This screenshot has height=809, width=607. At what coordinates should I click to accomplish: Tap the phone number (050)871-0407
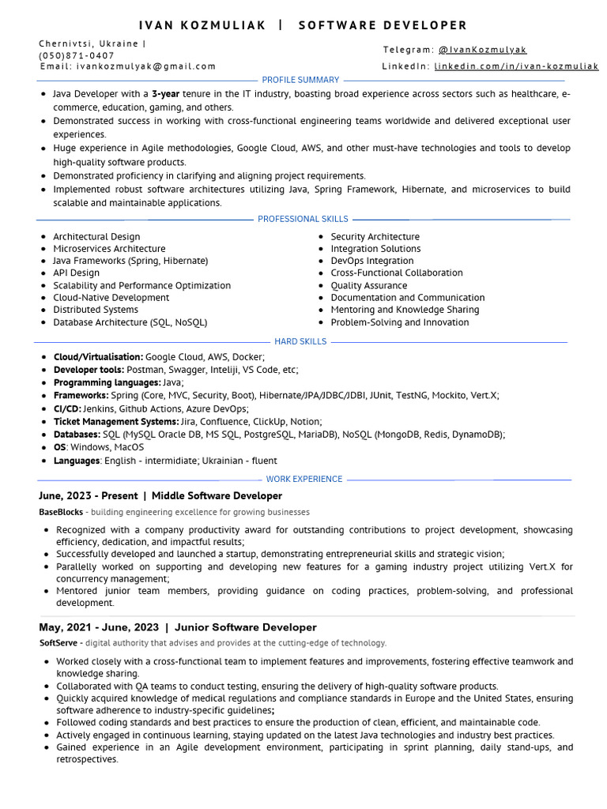[x=77, y=55]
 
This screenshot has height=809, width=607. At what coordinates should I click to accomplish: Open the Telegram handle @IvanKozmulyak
[x=482, y=50]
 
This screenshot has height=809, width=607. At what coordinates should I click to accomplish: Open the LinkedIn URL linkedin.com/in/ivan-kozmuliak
[x=516, y=66]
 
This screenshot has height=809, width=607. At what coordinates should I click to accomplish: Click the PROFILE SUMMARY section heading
[x=300, y=80]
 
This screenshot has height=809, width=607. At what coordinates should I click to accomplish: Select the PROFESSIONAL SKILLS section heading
[x=303, y=219]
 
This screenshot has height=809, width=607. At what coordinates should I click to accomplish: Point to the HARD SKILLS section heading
[x=300, y=341]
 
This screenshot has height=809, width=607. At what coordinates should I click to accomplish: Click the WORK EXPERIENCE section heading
[x=304, y=479]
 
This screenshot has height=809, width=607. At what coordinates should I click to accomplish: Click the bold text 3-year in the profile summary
[x=165, y=94]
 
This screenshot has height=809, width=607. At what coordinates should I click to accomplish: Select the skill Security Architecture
[x=375, y=236]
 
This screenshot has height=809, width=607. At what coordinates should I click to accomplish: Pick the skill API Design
[x=76, y=273]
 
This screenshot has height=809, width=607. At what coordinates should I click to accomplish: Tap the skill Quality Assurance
[x=369, y=285]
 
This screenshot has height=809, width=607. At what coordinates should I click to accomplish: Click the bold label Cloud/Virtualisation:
[x=98, y=357]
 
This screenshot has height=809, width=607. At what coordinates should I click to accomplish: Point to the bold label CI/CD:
[x=66, y=408]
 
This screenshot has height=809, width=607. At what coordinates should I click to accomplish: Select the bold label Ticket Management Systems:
[x=116, y=422]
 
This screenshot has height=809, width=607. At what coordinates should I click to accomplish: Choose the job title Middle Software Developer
[x=217, y=496]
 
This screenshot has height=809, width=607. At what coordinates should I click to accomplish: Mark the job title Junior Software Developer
[x=245, y=627]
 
